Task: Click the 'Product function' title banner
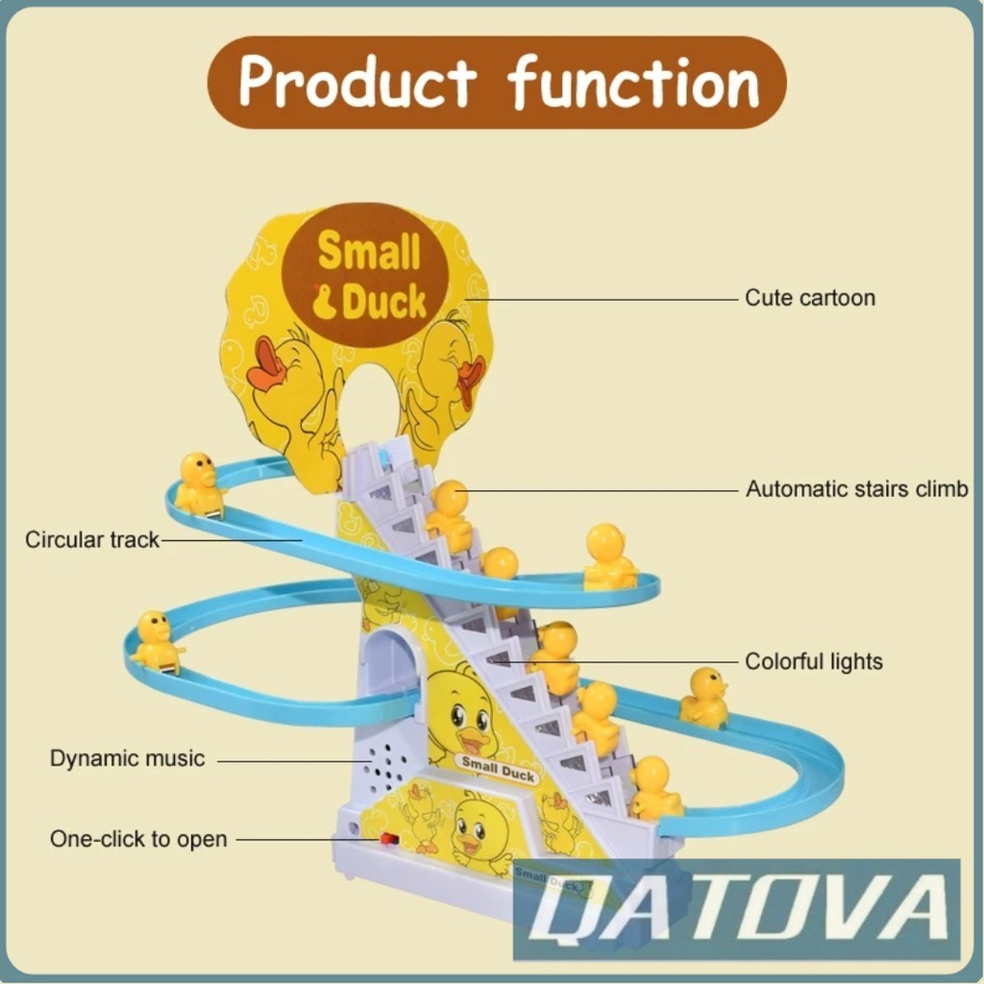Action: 497,83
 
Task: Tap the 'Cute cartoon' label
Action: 810,298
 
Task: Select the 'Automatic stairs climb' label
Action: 856,489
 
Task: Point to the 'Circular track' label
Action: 92,540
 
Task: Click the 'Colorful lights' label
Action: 813,661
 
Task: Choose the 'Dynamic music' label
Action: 127,758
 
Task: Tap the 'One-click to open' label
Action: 138,839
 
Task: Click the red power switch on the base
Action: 389,839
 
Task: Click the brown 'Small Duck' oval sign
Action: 368,275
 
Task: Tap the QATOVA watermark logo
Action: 737,908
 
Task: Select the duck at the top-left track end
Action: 199,484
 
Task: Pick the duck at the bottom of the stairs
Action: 653,788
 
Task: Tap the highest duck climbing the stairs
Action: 449,514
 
